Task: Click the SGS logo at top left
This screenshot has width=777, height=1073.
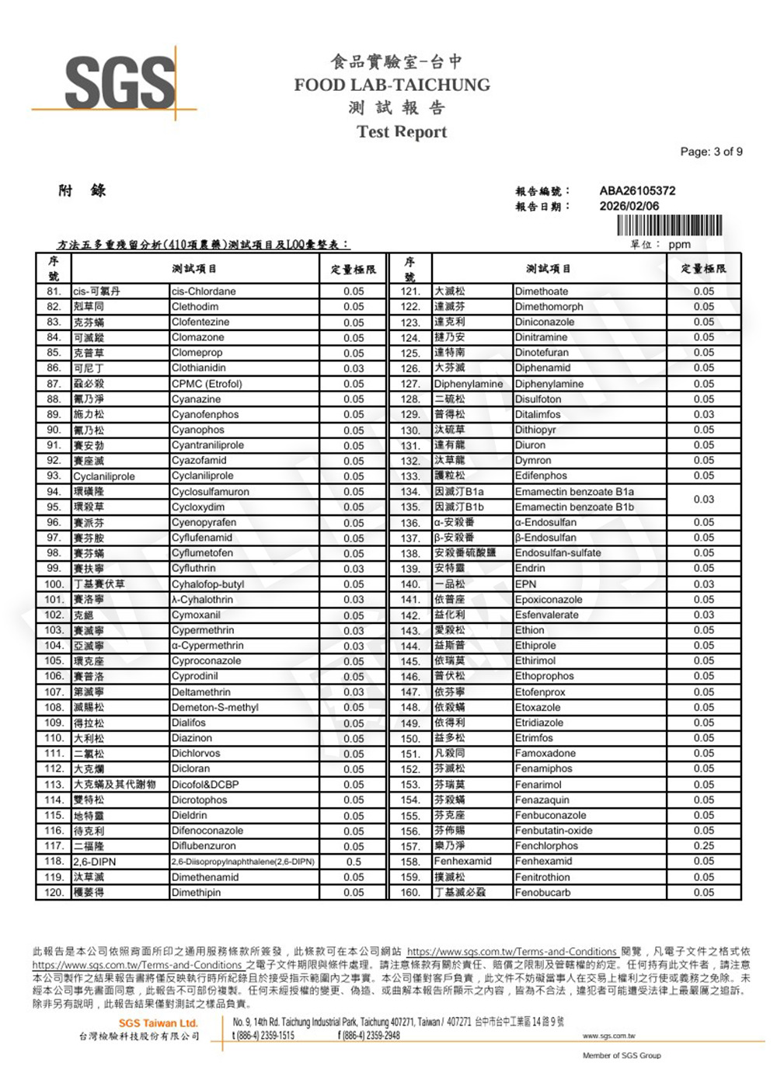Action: coord(120,82)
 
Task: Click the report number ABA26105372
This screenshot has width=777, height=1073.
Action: coord(637,190)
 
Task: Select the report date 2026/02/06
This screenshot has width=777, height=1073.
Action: coord(629,206)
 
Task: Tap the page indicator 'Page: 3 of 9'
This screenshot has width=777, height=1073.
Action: coord(711,152)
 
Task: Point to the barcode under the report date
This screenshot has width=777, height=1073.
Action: coord(669,225)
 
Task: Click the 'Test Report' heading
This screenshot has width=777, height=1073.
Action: coord(402,132)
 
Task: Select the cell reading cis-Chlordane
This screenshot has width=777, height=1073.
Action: coord(204,291)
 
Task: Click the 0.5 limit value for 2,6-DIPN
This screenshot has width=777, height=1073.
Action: coord(354,862)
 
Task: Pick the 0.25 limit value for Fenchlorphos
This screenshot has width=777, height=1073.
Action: coord(704,846)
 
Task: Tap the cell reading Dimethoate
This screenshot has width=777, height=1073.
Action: coord(542,291)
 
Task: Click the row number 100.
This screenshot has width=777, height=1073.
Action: coord(54,584)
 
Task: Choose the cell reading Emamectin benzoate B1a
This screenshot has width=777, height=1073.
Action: coord(574,492)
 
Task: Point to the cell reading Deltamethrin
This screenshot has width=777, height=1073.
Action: coord(201,692)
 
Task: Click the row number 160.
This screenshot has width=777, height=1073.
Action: coord(409,893)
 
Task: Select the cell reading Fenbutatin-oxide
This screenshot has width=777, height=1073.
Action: coord(554,831)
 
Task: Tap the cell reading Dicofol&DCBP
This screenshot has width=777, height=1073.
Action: coord(205,785)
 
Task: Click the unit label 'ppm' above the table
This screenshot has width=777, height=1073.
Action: coord(679,244)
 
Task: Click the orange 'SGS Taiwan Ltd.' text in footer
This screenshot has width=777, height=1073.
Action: coord(159,1022)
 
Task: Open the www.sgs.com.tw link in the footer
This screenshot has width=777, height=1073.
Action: coord(608,1036)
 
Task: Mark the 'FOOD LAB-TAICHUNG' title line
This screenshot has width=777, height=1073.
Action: coord(392,85)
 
